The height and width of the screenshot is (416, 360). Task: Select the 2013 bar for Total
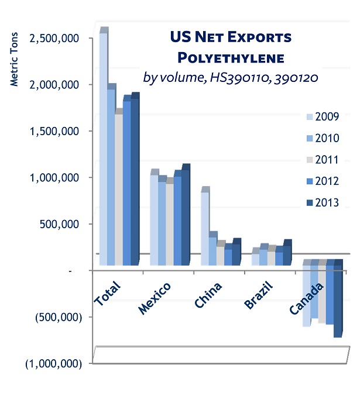[135, 181]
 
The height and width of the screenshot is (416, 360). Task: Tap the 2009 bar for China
[205, 228]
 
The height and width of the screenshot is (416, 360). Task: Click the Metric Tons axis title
[15, 59]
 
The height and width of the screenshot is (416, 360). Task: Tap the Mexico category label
[155, 298]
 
